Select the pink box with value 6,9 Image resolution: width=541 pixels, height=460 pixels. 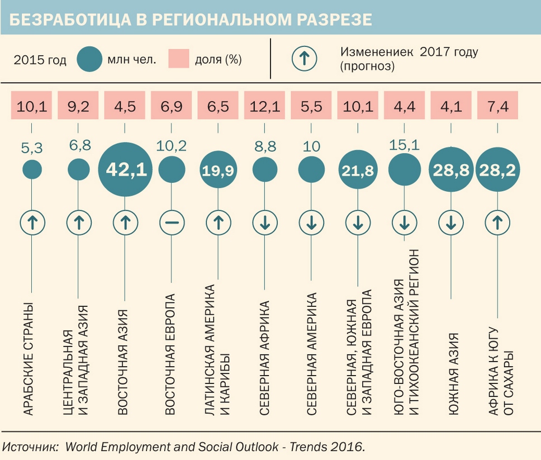click(172, 106)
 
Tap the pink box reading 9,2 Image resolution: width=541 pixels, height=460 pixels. click(78, 106)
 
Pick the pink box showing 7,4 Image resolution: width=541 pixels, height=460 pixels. click(497, 106)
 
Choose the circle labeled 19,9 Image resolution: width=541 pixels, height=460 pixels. click(219, 170)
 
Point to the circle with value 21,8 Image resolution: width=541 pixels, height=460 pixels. click(358, 170)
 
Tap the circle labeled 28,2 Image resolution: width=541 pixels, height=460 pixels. click(497, 170)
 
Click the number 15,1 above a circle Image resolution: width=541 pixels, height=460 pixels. click(404, 145)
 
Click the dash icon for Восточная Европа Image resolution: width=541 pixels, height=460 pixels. click(172, 223)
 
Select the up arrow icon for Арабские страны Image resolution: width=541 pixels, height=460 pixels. click(32, 223)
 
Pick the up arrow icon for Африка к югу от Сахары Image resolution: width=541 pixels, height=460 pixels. click(497, 223)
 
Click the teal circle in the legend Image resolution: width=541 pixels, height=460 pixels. click(89, 59)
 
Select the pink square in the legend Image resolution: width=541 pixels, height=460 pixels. click(180, 59)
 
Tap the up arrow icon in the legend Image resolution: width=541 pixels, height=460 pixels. click(304, 59)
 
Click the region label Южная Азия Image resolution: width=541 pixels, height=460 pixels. click(453, 374)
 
